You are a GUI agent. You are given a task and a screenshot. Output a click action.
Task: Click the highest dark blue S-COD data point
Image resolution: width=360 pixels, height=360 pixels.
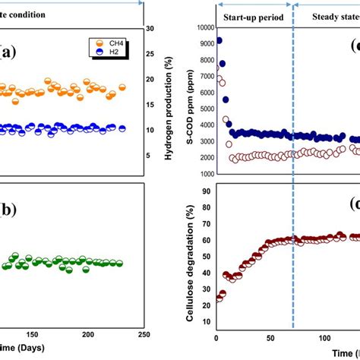[219, 40]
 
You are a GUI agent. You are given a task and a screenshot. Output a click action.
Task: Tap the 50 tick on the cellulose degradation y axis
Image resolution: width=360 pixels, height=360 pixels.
[208, 255]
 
